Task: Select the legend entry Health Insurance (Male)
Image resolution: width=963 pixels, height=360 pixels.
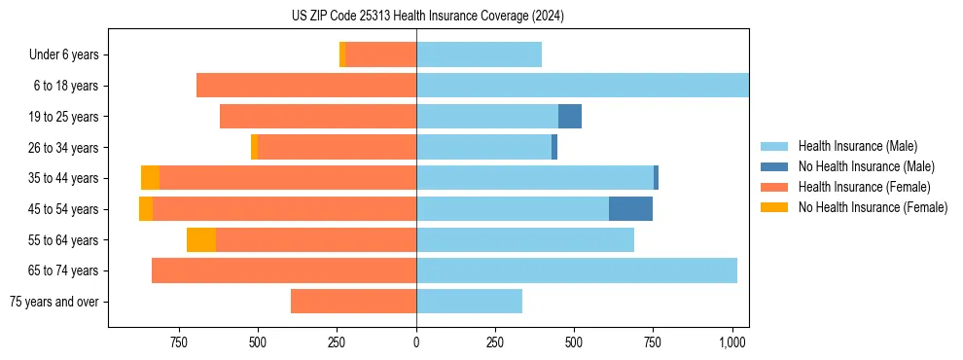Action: click(x=856, y=146)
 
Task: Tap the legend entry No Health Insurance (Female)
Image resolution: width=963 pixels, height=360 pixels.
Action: click(x=872, y=207)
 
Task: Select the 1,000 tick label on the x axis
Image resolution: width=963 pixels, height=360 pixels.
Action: click(x=731, y=342)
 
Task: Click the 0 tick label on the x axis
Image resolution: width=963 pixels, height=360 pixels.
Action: click(x=416, y=342)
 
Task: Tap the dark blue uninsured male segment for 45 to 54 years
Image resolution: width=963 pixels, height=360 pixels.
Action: click(x=630, y=209)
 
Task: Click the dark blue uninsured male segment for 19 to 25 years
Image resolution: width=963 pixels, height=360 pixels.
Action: click(x=570, y=117)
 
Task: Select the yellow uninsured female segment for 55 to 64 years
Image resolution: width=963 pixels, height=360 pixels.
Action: click(x=201, y=239)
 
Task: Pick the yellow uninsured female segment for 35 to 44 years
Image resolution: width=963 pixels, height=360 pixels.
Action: click(x=150, y=178)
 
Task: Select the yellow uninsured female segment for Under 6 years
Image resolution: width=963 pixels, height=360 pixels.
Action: click(x=342, y=55)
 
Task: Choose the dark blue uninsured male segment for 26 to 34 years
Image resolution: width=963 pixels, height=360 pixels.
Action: click(x=554, y=147)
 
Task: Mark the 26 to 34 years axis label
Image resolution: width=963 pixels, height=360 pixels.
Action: click(x=64, y=148)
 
